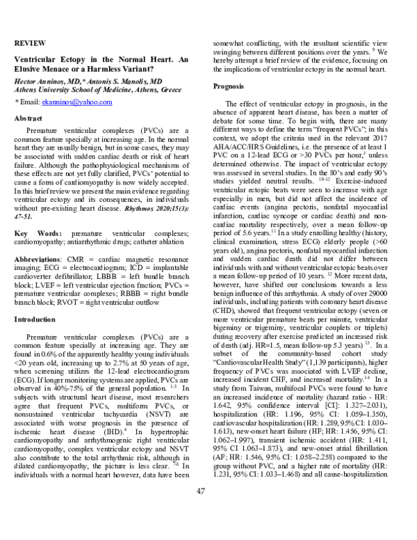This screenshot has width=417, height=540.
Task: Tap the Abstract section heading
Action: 30,118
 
